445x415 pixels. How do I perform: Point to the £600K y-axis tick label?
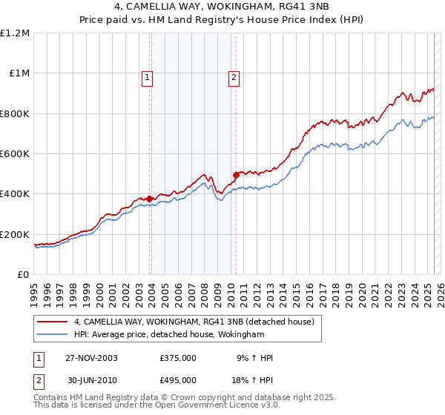point(15,154)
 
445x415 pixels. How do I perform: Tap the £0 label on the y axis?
point(24,275)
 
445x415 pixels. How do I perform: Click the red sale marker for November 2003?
point(150,199)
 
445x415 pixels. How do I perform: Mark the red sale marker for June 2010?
point(236,175)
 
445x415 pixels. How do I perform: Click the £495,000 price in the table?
point(178,379)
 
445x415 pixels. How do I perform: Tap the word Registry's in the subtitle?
point(275,21)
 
